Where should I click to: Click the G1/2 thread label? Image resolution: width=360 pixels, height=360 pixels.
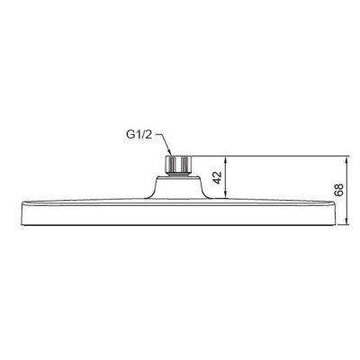tap(139, 136)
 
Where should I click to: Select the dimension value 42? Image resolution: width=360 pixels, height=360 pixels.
tap(217, 176)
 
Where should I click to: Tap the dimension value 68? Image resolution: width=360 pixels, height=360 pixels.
tap(338, 189)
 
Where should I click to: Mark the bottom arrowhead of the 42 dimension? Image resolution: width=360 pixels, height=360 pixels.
tap(226, 195)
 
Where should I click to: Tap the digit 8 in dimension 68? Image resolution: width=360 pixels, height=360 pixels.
tap(338, 185)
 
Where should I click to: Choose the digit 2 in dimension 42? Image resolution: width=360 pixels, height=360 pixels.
tap(217, 173)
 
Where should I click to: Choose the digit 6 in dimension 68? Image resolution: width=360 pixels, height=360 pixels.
tap(338, 193)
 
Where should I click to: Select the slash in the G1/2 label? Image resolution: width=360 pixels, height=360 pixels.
tap(144, 136)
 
